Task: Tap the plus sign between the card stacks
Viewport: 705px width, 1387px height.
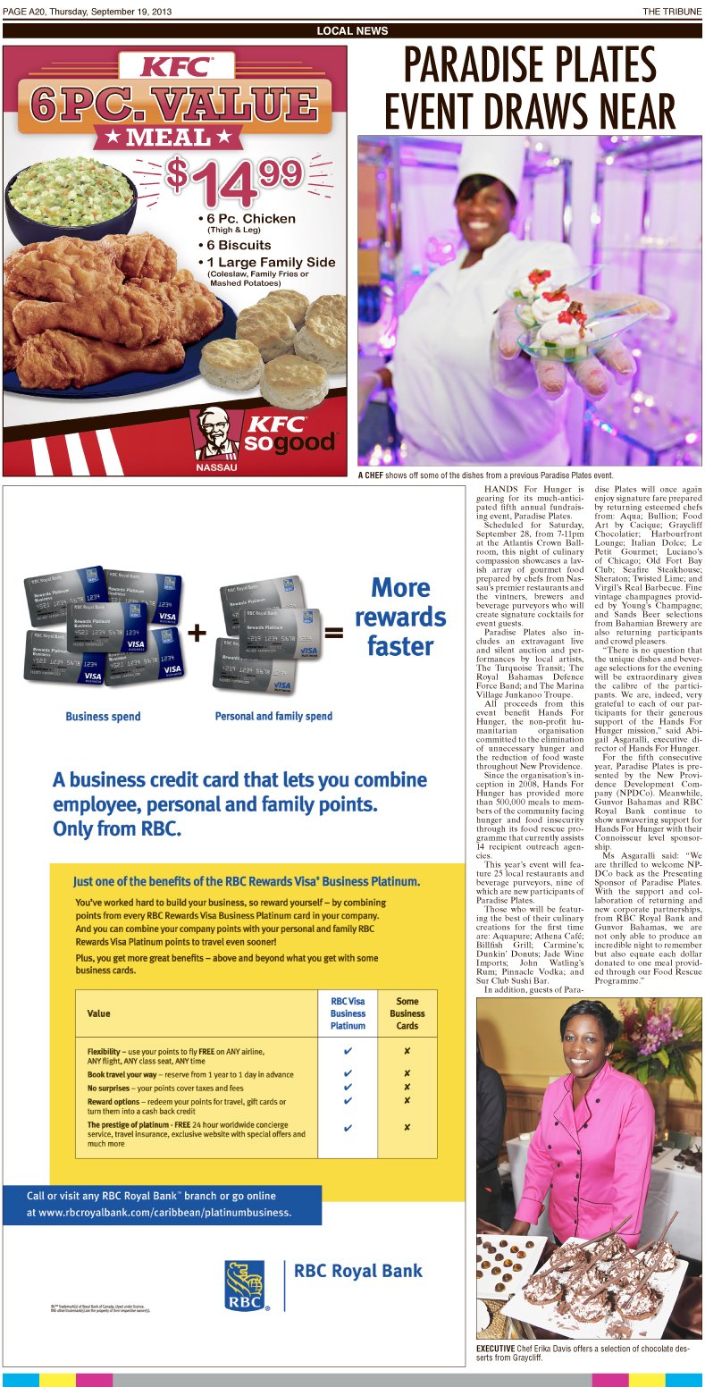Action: click(x=197, y=633)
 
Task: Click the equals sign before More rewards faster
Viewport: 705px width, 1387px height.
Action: click(x=333, y=633)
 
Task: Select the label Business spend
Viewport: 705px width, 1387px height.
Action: click(x=103, y=716)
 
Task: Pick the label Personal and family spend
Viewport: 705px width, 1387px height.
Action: click(x=273, y=716)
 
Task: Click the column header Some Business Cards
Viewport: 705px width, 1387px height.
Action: click(x=407, y=1013)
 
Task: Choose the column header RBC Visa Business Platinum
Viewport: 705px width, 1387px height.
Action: click(x=348, y=1013)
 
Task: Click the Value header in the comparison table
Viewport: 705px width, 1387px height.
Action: click(x=99, y=1013)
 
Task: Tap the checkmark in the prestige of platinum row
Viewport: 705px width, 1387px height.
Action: click(x=348, y=1128)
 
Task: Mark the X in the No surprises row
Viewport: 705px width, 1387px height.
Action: click(x=407, y=1087)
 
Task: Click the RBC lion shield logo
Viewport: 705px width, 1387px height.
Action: click(x=244, y=1284)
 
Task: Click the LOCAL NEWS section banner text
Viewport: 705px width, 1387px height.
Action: click(x=352, y=31)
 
